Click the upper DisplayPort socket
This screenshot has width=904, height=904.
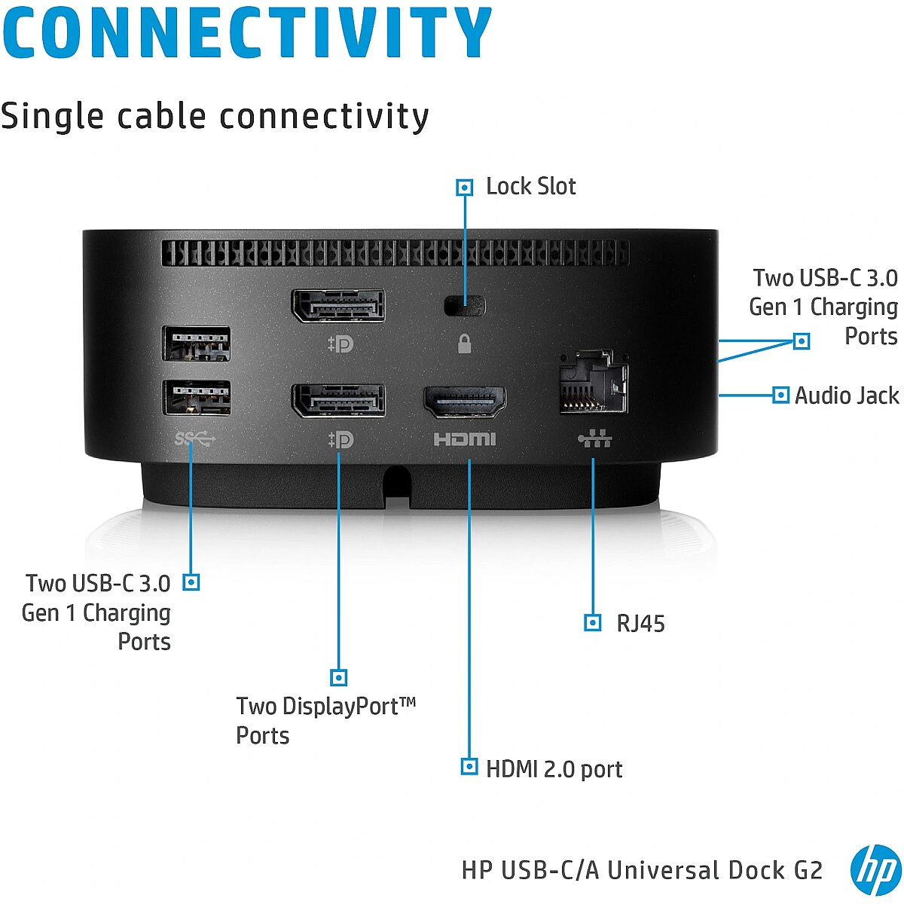(x=338, y=305)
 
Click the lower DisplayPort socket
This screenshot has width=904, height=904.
(x=338, y=401)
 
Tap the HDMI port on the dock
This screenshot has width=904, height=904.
(x=465, y=402)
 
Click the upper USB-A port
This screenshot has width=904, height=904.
(x=197, y=344)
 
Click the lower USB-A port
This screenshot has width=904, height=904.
(x=197, y=398)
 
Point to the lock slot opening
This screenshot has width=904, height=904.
(x=465, y=306)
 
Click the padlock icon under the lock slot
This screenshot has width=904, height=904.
(x=465, y=344)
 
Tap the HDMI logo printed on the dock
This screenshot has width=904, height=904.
(x=465, y=439)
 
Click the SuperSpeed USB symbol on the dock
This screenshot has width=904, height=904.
(x=194, y=439)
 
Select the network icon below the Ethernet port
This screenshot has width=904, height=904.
(x=595, y=438)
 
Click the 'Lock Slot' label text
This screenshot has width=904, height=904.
(x=530, y=186)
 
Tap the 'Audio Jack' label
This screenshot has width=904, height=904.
(x=847, y=395)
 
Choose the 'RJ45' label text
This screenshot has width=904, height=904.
(x=640, y=624)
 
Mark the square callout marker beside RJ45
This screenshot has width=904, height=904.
(x=593, y=622)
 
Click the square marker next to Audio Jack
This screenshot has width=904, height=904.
(x=780, y=395)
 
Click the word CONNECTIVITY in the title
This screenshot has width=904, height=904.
(x=247, y=32)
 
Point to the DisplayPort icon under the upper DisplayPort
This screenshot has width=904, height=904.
(x=341, y=344)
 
